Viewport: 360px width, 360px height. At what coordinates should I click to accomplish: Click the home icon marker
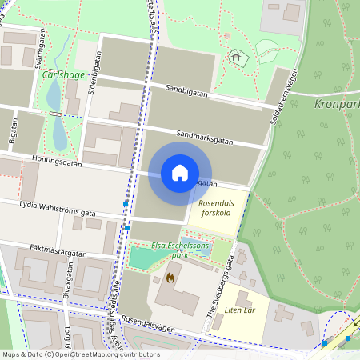(179, 173)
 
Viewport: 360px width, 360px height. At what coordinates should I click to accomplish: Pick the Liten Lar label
(238, 310)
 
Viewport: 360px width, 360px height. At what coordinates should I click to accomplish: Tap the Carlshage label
(64, 74)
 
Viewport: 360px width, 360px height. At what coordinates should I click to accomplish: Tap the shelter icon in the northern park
(235, 57)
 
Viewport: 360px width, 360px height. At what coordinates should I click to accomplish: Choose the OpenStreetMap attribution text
(81, 354)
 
